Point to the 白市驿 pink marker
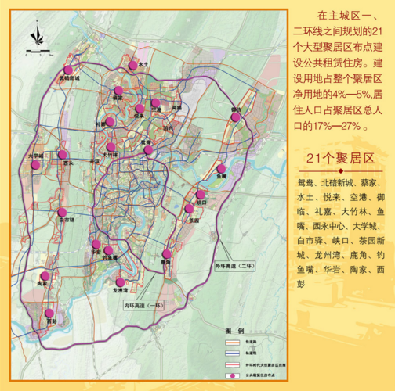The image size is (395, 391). (x=61, y=212)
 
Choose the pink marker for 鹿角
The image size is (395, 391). (x=166, y=254)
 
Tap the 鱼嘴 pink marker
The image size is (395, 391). (x=222, y=169)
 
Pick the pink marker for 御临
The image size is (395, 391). (x=235, y=117)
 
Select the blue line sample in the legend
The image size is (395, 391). (x=233, y=351)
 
